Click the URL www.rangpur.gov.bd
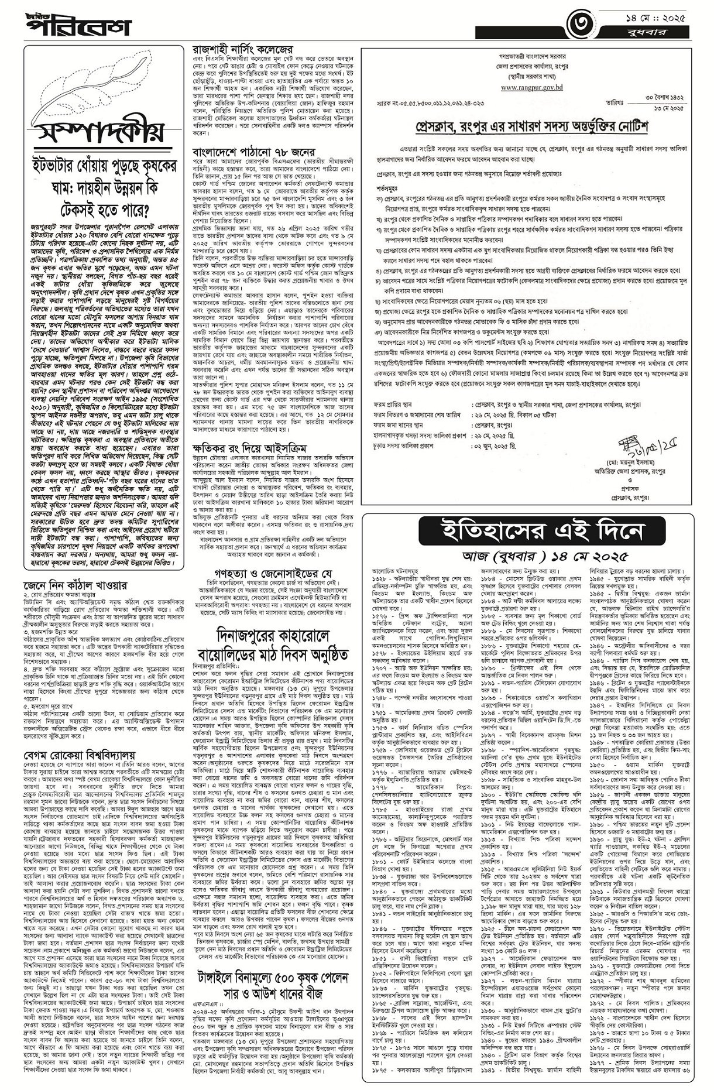pyautogui.click(x=531, y=87)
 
